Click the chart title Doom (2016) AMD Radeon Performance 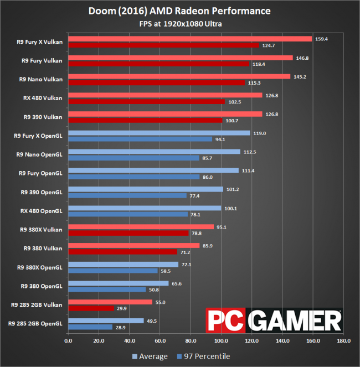pos(179,11)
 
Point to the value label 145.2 pos(299,76)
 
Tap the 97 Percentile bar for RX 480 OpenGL pos(128,214)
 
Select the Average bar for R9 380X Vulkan pos(141,226)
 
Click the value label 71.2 pos(186,252)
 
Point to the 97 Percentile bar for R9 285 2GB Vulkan pos(91,308)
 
